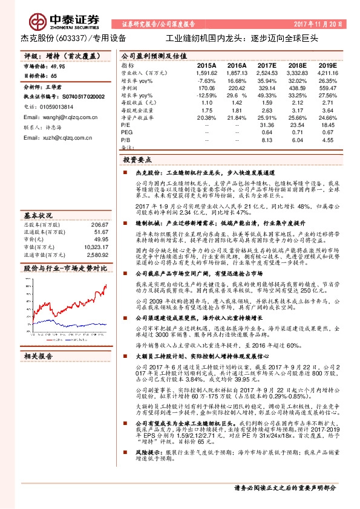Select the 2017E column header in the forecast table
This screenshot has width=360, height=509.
click(266, 65)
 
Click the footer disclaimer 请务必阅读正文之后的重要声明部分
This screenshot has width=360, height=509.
click(284, 488)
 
